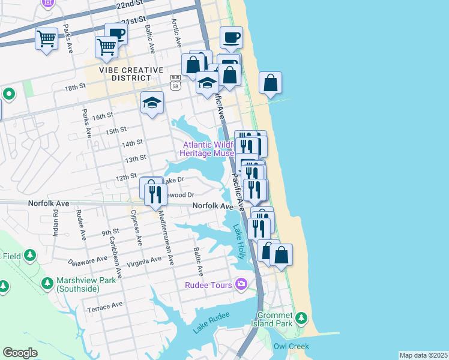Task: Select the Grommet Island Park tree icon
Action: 304,318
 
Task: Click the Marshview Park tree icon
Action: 47,282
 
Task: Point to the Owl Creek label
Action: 291,346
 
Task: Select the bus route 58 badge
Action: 175,82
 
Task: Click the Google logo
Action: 20,353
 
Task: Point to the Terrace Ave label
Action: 104,306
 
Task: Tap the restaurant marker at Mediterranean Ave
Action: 155,193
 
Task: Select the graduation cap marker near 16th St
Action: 152,103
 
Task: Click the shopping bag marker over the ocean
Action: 271,83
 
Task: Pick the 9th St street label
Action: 110,232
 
